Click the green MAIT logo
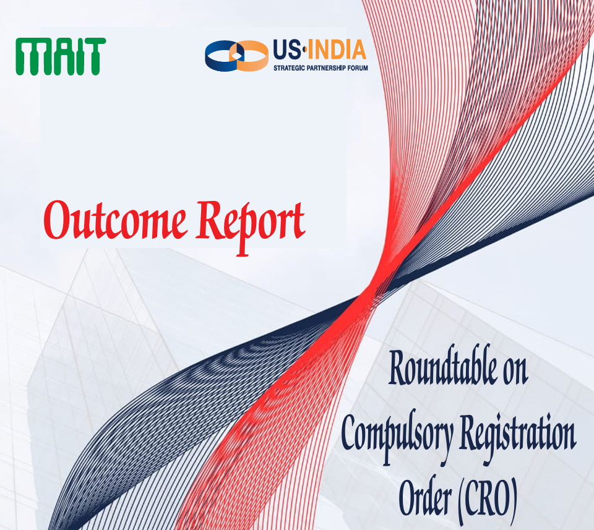61,56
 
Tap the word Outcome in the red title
115,220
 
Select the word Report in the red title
251,226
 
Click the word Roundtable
442,366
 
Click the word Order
424,495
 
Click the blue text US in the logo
286,50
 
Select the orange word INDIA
337,50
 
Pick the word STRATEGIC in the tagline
289,68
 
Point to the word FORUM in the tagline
358,68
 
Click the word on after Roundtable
515,372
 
